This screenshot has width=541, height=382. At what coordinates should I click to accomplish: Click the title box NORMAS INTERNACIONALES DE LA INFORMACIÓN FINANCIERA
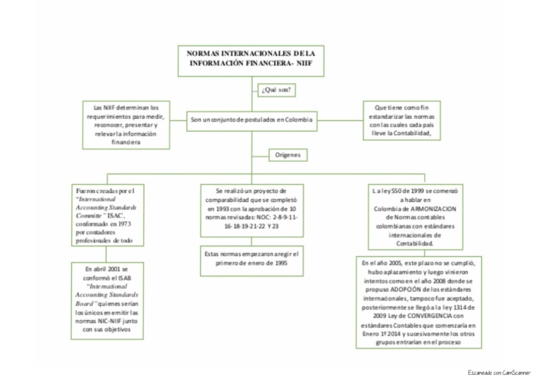pyautogui.click(x=250, y=58)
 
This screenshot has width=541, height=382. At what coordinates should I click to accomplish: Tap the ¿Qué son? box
pyautogui.click(x=278, y=91)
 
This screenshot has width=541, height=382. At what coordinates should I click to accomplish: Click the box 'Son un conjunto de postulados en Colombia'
pyautogui.click(x=250, y=120)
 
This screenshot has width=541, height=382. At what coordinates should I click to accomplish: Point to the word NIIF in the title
pyautogui.click(x=304, y=63)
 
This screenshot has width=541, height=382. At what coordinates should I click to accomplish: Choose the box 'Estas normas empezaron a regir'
pyautogui.click(x=250, y=258)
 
